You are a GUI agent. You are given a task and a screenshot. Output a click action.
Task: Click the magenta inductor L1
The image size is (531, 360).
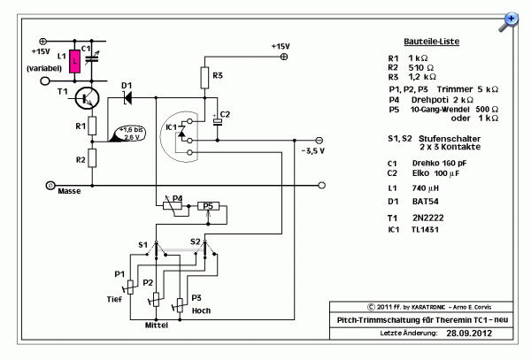pyautogui.click(x=75, y=62)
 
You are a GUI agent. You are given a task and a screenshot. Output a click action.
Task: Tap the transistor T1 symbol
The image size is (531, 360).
pyautogui.click(x=87, y=98)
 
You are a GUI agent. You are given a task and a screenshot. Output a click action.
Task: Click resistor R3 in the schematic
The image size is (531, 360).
pyautogui.click(x=204, y=78)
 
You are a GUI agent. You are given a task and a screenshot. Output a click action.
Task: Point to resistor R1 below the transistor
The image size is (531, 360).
pyautogui.click(x=92, y=126)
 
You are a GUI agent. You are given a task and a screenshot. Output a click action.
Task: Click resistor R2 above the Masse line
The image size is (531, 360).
pyautogui.click(x=92, y=158)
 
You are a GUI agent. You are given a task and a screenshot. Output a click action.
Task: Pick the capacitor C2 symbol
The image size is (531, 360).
pyautogui.click(x=217, y=122)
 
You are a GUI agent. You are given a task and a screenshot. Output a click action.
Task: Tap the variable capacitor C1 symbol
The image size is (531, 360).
pyautogui.click(x=92, y=58)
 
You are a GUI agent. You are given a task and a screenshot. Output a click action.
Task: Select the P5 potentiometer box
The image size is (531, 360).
pyautogui.click(x=208, y=206)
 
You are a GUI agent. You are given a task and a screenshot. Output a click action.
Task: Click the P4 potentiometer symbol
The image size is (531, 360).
pyautogui.click(x=173, y=206)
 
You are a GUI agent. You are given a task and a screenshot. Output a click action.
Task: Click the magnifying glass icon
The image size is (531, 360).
pyautogui.click(x=509, y=22)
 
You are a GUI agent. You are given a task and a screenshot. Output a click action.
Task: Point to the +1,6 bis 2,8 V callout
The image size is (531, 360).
pyautogui.click(x=129, y=134)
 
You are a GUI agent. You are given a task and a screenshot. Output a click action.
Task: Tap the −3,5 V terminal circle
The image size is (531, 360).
pyautogui.click(x=319, y=140)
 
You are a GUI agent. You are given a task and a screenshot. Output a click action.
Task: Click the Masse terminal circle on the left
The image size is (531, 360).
pyautogui.click(x=50, y=186)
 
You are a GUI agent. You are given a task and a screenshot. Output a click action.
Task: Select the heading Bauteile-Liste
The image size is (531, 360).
pyautogui.click(x=432, y=42)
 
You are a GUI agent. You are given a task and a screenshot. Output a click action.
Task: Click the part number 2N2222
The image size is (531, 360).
pyautogui.click(x=427, y=218)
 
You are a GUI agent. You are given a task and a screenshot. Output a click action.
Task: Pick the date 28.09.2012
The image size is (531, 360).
pyautogui.click(x=469, y=333)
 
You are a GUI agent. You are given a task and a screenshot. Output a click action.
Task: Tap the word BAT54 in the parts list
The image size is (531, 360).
pyautogui.click(x=426, y=202)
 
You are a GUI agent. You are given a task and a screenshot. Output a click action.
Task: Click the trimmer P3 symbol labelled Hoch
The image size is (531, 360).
pyautogui.click(x=180, y=305)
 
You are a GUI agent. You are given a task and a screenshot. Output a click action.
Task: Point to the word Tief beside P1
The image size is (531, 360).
pyautogui.click(x=114, y=299)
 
